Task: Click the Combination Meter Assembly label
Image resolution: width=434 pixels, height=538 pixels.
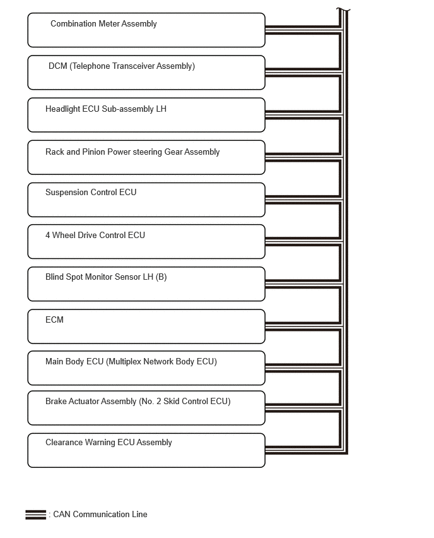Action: coord(103,24)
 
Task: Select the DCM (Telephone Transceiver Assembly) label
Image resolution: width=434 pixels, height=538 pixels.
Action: coord(122,66)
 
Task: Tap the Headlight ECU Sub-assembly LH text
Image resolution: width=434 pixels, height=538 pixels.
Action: coord(106,109)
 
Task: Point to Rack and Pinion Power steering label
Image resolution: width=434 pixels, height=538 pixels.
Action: coord(132,152)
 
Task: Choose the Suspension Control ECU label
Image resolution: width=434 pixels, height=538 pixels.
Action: coord(91,193)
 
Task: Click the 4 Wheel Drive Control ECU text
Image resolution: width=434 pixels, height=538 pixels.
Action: coord(95,236)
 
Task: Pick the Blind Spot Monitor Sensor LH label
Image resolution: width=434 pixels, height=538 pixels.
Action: coord(106,277)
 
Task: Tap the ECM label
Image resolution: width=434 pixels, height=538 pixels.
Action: coord(54,320)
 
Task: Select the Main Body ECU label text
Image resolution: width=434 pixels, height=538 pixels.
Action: coord(131,362)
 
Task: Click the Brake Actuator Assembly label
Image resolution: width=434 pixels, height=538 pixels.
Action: coord(138,402)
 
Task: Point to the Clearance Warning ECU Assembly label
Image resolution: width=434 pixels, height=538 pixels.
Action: coord(108,443)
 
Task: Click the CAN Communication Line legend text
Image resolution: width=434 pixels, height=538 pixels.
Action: coord(100,515)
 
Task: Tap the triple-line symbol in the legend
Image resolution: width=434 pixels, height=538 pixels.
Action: coord(36,515)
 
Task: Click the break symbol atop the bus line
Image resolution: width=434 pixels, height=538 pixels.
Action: coord(343,10)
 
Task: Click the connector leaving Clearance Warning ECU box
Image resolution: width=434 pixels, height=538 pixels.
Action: coord(303,450)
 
